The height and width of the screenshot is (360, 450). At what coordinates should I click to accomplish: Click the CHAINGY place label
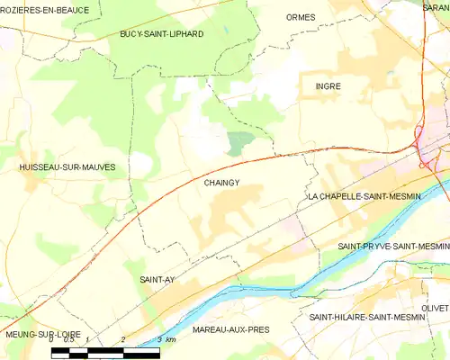(x=220, y=183)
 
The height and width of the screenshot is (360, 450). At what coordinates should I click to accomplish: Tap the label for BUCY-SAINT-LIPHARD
(x=162, y=34)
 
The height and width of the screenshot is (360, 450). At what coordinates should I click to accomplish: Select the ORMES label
(x=300, y=17)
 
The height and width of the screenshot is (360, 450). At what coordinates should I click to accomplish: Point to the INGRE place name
(x=328, y=86)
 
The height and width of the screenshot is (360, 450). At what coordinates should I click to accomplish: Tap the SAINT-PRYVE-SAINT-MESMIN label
(x=392, y=246)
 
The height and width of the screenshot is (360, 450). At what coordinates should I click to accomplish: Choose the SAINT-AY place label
(x=157, y=280)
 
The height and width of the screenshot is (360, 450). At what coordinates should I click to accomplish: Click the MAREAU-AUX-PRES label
(x=231, y=330)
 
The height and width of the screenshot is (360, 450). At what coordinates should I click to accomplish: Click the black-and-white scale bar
(x=105, y=352)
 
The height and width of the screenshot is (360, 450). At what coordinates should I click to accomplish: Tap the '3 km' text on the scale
(x=166, y=340)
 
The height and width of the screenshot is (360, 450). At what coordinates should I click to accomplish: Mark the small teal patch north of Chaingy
(x=238, y=142)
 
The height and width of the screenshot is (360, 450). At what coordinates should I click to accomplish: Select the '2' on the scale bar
(x=122, y=340)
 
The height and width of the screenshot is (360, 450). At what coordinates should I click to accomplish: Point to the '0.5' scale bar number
(x=68, y=340)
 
